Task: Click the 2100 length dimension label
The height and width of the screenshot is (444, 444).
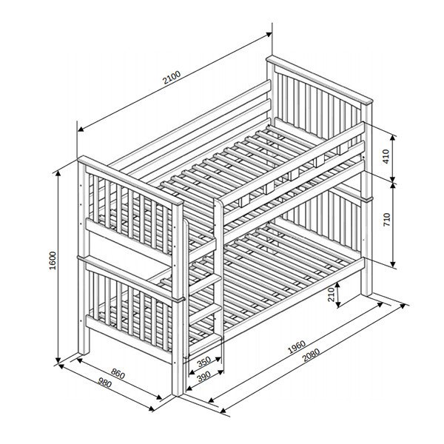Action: coord(172,78)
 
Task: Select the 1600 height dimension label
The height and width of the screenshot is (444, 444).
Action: coord(53,260)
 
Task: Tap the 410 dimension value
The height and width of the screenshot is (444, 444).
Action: coord(386,156)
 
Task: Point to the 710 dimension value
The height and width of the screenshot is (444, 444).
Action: coord(386,219)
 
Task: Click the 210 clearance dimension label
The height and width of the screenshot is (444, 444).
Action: coord(331,295)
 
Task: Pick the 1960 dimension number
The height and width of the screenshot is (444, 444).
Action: coord(297,347)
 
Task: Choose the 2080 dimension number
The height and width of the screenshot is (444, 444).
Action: coord(311,355)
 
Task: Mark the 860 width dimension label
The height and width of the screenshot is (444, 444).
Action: coord(118,374)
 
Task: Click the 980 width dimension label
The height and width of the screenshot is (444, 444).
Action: coord(105,383)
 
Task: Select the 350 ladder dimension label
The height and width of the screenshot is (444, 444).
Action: coord(204,362)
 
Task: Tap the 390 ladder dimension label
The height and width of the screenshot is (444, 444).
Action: coord(204,377)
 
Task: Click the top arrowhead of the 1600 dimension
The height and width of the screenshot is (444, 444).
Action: coord(58,174)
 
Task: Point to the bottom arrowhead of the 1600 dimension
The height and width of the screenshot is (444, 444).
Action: coord(58,360)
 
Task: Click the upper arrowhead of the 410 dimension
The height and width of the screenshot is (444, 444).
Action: coord(393,138)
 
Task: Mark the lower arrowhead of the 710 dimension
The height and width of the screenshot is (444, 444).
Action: coord(393,263)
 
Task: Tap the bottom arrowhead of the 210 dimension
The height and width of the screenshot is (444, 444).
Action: coord(338,304)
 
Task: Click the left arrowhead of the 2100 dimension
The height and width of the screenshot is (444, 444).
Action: coord(81,129)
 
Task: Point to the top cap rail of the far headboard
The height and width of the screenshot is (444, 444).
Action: coord(319,80)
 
